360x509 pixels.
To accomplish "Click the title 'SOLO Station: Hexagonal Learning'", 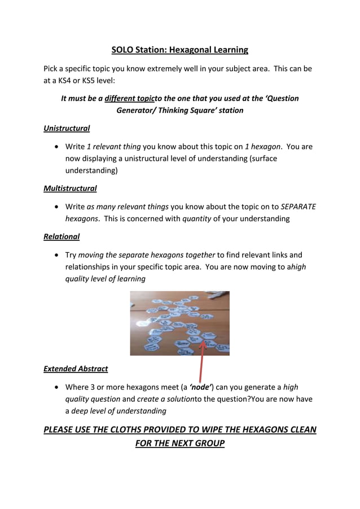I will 179,50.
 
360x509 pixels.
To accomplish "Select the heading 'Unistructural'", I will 67,128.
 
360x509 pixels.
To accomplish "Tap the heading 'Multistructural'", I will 70,188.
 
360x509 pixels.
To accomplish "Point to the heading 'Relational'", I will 62,236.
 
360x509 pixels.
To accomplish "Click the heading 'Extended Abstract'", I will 76,369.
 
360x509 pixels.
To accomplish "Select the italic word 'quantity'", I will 197,218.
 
